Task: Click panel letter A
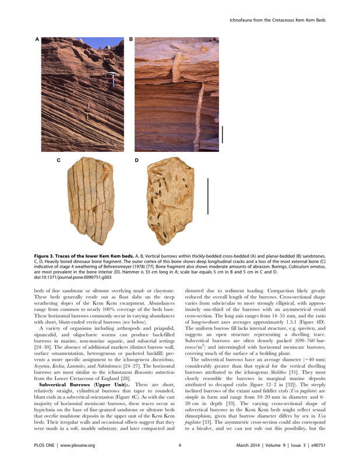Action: click(x=37, y=39)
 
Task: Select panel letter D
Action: click(x=136, y=159)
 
